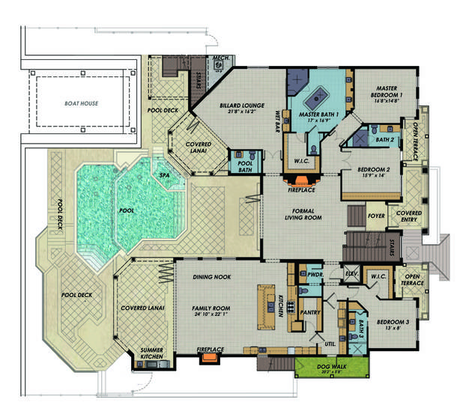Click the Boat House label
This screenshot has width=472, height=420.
80,103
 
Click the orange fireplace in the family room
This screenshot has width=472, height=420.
208,358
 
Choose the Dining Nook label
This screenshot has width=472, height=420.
213,277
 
